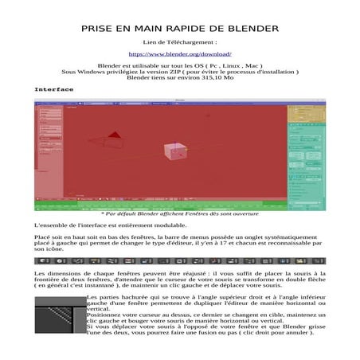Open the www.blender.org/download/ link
[x=179, y=53]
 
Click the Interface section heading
[x=53, y=89]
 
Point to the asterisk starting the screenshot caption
[x=104, y=213]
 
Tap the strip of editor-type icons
[x=179, y=260]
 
